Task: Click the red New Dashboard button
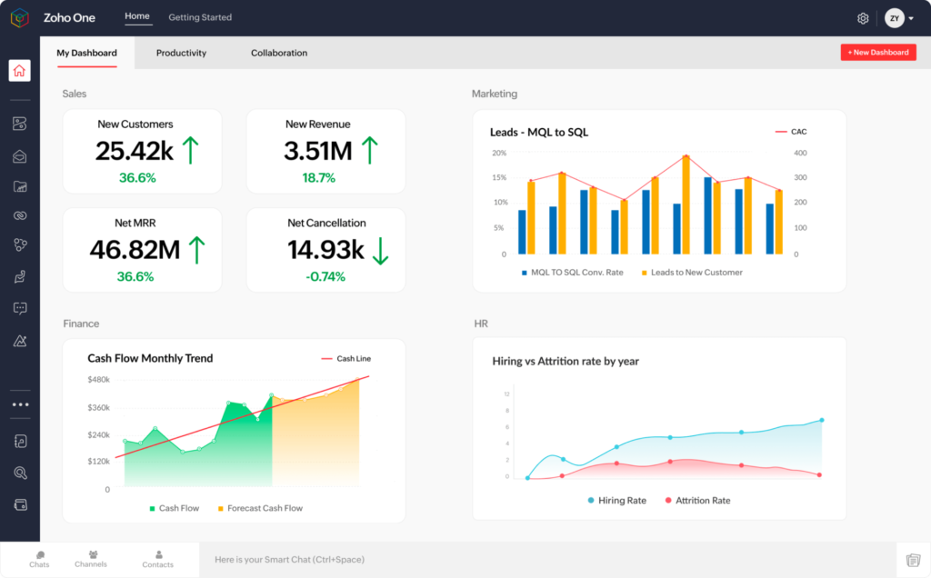click(x=877, y=53)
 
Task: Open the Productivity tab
click(x=181, y=53)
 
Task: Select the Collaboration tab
click(x=279, y=53)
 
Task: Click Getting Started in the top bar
click(x=200, y=17)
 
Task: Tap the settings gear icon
click(x=863, y=18)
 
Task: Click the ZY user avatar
click(x=895, y=18)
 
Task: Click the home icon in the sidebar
click(x=20, y=71)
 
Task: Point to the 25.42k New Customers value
click(x=135, y=151)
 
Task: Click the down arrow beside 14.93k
click(x=380, y=250)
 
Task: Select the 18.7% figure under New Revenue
click(x=318, y=178)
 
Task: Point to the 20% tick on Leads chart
click(x=499, y=153)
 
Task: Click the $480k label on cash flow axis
click(x=98, y=379)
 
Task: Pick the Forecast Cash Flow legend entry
click(x=265, y=508)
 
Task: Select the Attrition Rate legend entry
click(x=702, y=501)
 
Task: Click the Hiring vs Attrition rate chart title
click(x=566, y=361)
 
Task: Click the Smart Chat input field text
click(x=289, y=560)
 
